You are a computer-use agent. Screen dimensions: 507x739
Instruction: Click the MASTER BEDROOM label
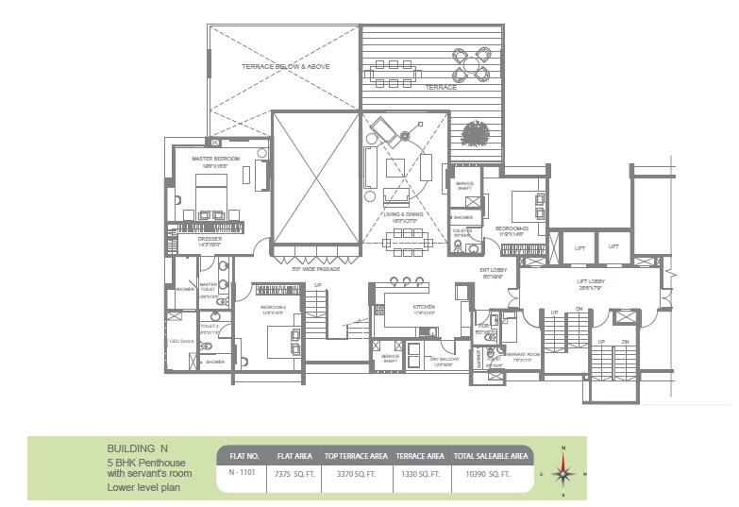pos(215,159)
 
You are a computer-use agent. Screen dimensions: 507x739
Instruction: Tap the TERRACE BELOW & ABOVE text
pos(283,67)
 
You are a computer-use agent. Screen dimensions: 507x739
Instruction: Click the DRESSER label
pos(210,239)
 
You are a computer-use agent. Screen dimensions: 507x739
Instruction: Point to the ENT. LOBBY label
pos(494,271)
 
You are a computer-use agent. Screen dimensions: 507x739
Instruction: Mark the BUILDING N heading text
pos(138,449)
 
